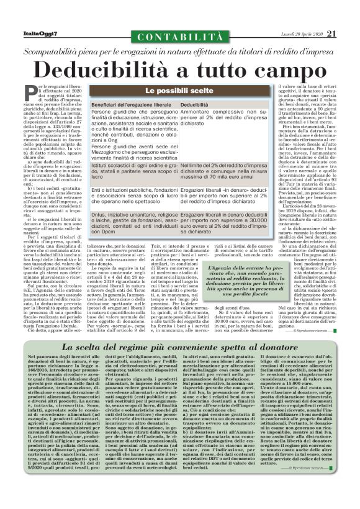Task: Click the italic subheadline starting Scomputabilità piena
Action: (x=180, y=53)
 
